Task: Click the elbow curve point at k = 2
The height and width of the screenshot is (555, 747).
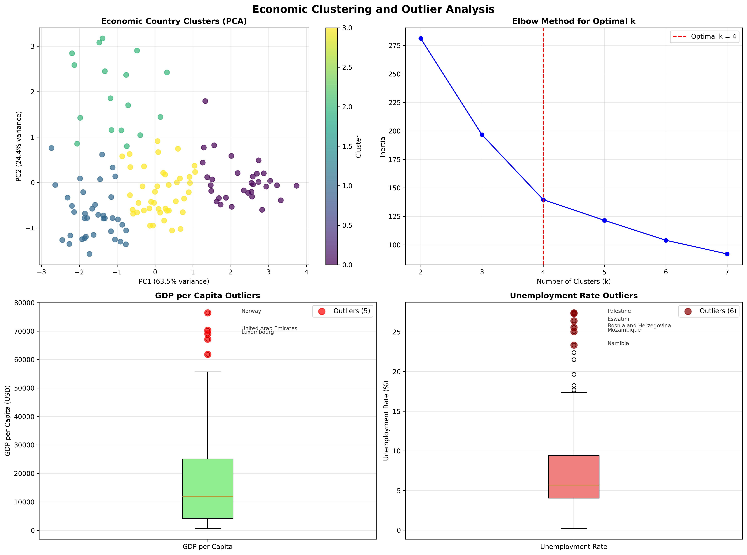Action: [421, 39]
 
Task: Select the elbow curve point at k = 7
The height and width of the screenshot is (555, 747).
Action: [727, 254]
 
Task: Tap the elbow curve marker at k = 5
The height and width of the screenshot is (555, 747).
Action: [604, 220]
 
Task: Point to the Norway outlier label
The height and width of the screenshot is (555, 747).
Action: [251, 311]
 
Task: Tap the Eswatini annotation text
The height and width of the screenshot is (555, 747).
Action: [618, 319]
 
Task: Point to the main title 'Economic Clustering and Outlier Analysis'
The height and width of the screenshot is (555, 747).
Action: [373, 9]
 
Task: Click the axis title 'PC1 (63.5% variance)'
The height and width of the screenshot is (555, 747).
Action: [174, 281]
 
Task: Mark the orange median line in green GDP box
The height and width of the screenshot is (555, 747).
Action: [208, 497]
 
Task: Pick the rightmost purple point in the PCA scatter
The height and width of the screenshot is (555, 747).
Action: [296, 186]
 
